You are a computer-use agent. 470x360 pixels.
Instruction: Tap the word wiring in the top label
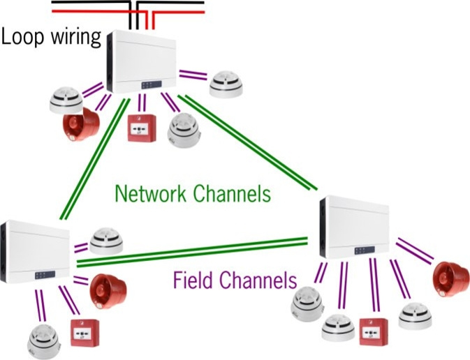[75, 38]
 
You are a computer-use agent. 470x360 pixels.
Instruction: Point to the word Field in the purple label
[193, 281]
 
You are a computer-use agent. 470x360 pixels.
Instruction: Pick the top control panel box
[143, 63]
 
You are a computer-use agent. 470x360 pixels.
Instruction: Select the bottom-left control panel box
[35, 251]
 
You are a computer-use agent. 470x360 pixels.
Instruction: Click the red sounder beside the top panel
[80, 124]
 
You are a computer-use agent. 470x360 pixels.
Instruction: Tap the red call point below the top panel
[142, 130]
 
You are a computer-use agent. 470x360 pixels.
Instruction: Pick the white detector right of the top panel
[228, 85]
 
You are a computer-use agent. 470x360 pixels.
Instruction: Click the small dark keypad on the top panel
[150, 85]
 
